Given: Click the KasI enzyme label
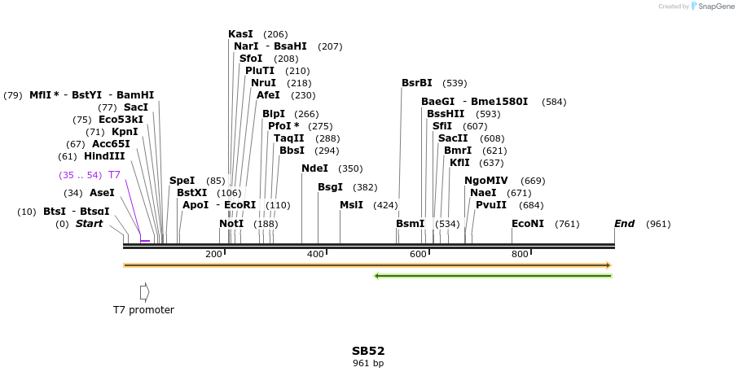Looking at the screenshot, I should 240,34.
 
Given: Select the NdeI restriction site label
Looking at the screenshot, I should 314,168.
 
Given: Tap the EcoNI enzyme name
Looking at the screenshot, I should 528,224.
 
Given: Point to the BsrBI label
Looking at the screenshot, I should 416,83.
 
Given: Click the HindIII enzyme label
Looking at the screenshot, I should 104,156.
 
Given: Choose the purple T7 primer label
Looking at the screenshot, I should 114,175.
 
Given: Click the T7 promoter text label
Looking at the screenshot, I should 143,310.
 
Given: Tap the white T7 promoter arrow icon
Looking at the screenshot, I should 144,291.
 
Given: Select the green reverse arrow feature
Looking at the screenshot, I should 492,276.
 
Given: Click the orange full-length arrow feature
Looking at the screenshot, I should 367,265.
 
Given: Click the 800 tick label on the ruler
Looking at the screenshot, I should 520,255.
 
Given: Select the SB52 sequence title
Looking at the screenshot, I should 368,351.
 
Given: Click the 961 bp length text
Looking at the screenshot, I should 368,363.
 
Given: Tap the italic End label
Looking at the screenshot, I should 624,224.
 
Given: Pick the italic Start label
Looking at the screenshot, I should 89,224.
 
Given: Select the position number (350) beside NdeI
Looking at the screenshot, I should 350,168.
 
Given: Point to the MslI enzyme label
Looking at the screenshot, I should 351,205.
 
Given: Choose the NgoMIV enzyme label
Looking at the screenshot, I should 485,181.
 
